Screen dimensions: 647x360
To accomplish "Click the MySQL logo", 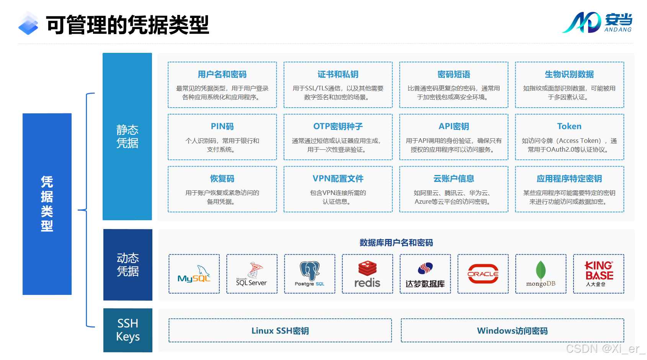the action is pos(194,274).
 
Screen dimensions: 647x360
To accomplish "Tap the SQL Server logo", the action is pos(252,274).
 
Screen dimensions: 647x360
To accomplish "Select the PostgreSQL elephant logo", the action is pos(309,273).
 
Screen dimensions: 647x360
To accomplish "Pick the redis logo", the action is pos(367,274).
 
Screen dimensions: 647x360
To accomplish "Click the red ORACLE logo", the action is pos(483,274).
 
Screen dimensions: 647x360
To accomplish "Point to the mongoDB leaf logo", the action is pos(541,273).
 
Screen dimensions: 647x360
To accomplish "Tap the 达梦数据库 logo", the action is pos(425,274).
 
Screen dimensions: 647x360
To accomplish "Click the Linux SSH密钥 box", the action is pos(280,331).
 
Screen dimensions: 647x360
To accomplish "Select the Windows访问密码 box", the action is pos(512,331).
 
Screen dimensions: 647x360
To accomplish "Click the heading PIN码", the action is pos(222,126).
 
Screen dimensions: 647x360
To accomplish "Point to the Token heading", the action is pos(569,126).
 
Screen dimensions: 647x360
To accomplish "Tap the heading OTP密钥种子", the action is pos(338,126).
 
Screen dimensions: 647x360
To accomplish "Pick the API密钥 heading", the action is pos(454,126).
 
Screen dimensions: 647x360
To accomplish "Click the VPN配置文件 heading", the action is pos(338,178).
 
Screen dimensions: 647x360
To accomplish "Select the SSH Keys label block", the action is pos(128,330).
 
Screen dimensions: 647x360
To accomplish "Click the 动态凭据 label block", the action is pos(128,265).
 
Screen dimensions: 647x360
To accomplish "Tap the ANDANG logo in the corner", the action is pos(597,23).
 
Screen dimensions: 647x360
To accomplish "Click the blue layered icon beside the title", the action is pos(28,24).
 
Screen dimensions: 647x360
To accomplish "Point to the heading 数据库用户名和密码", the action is pos(396,243).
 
